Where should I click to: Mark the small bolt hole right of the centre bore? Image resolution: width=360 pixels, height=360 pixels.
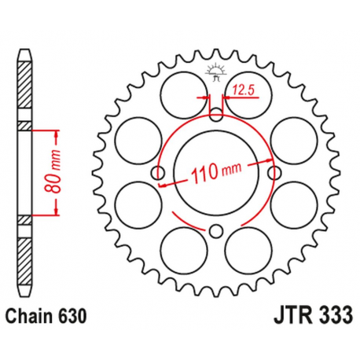(x=274, y=173)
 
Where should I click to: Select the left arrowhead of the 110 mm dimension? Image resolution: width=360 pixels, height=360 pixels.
(x=163, y=184)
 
